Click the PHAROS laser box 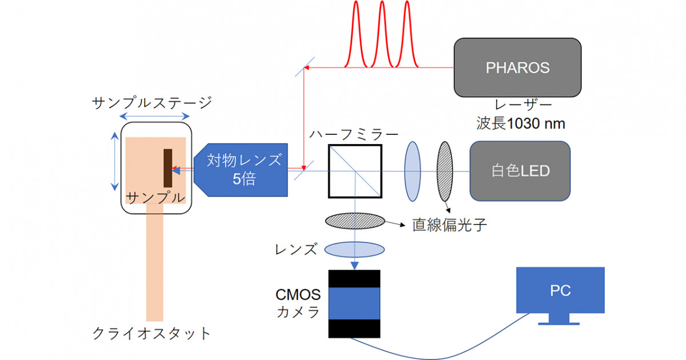(x=517, y=67)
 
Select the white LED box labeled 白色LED (x=520, y=171)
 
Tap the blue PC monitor (x=560, y=291)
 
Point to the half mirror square (x=355, y=171)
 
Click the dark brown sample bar (x=168, y=167)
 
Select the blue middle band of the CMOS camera (x=354, y=303)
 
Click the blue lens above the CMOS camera (x=354, y=250)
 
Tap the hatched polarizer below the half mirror (x=354, y=221)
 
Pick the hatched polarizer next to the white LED (x=444, y=170)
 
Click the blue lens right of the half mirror (x=412, y=171)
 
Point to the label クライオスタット (x=151, y=333)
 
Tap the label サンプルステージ (x=152, y=103)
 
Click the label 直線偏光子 (x=449, y=225)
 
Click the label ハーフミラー (x=353, y=135)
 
